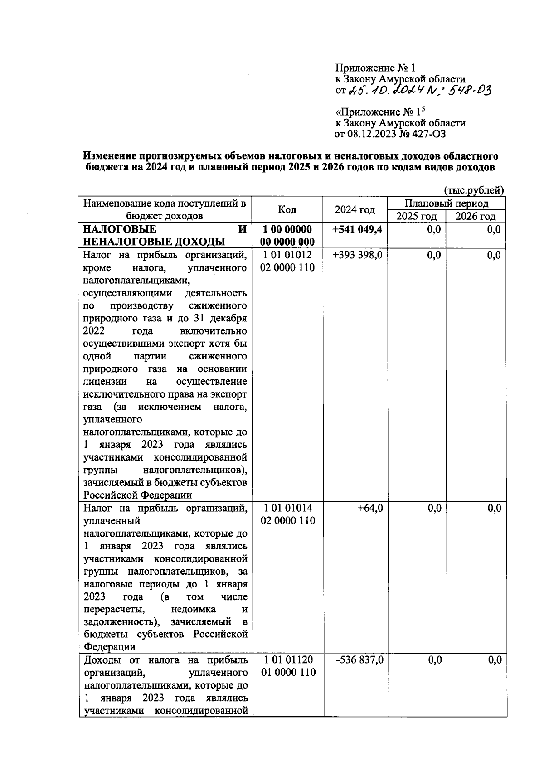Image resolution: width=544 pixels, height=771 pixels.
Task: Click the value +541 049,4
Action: coord(357,229)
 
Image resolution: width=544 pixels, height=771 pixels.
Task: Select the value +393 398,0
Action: coord(357,255)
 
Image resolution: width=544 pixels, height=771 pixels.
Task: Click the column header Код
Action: coord(287,209)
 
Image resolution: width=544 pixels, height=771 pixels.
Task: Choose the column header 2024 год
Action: coord(355,209)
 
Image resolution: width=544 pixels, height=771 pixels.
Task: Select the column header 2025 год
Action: coord(416,216)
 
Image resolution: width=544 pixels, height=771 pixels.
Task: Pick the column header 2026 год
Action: coord(476,216)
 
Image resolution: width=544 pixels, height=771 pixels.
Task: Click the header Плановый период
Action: coord(447,204)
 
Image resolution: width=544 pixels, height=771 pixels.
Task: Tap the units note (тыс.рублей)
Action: coord(474,190)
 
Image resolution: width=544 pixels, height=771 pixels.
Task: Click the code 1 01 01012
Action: coord(287,255)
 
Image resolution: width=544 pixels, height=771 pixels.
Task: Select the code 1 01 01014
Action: coord(287,509)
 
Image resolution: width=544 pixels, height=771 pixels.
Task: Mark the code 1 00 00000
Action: coord(287,229)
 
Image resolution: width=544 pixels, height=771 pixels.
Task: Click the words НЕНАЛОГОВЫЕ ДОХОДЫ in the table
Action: coord(154,242)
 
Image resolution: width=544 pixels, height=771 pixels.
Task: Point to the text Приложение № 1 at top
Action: coord(375,68)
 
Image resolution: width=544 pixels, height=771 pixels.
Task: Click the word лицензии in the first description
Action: coord(105,382)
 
